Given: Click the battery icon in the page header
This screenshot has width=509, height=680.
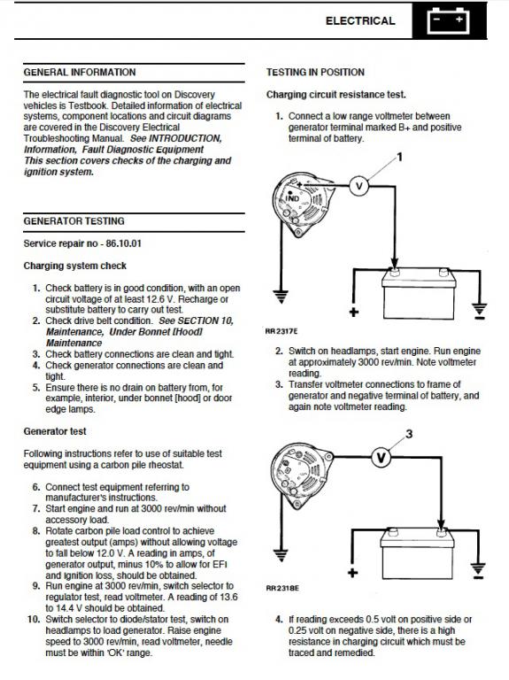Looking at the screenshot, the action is click(448, 21).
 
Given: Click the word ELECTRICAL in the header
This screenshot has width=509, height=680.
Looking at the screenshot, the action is click(360, 21).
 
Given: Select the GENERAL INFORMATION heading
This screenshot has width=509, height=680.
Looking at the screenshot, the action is click(80, 73).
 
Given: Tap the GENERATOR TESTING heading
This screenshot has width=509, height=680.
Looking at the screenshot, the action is click(74, 221).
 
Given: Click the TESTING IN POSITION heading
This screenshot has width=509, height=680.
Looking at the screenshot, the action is click(315, 73).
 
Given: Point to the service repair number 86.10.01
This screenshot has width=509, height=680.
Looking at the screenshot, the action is click(124, 243).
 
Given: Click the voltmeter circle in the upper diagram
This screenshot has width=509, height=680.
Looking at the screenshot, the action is click(359, 187).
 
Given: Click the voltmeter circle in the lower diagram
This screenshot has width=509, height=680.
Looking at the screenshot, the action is click(382, 457).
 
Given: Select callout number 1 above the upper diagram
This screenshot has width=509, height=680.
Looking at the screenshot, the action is click(400, 157).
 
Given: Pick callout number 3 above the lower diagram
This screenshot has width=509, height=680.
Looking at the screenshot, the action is click(409, 434).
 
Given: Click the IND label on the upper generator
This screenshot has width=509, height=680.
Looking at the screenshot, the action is click(292, 198).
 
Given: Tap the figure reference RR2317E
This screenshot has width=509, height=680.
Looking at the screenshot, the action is click(281, 331).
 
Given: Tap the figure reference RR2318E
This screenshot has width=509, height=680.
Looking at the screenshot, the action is click(282, 589).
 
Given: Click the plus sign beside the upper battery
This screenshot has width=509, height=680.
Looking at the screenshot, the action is click(354, 312).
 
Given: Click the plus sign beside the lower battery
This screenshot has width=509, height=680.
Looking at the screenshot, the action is click(353, 573).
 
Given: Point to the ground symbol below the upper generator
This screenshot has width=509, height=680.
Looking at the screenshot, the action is click(281, 297).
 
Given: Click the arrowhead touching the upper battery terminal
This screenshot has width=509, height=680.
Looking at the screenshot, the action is click(394, 264).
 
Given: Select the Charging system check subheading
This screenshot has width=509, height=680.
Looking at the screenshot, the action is click(75, 266).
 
